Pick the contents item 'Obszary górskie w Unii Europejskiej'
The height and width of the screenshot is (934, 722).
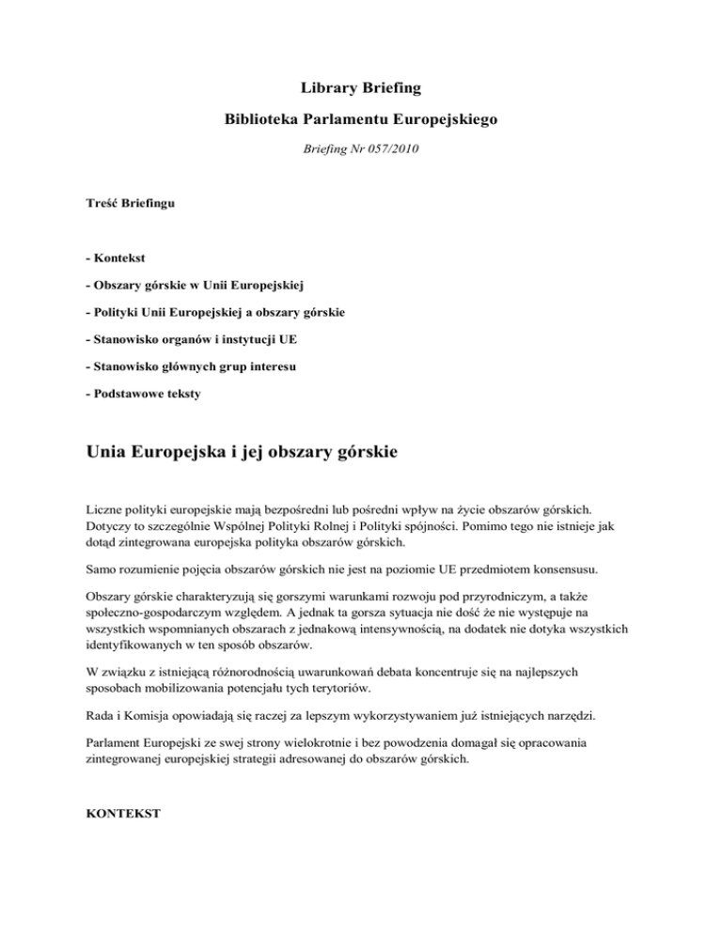coord(200,283)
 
